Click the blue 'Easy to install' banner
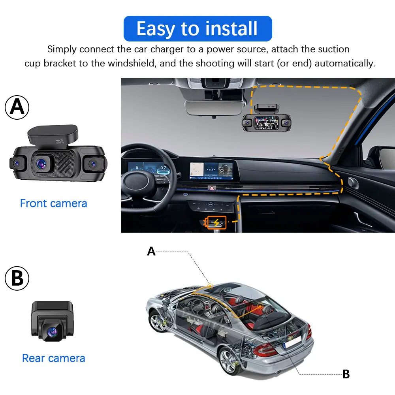[x=198, y=28]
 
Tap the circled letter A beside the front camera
[x=17, y=107]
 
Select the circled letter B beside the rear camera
[x=17, y=278]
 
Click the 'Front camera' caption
[x=53, y=203]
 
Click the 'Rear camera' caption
[x=53, y=358]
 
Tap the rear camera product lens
[x=53, y=332]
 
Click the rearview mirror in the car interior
[x=214, y=108]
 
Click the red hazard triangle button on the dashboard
[x=212, y=188]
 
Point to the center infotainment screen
[x=211, y=171]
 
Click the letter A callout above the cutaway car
[x=151, y=251]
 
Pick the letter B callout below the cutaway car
[x=346, y=374]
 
